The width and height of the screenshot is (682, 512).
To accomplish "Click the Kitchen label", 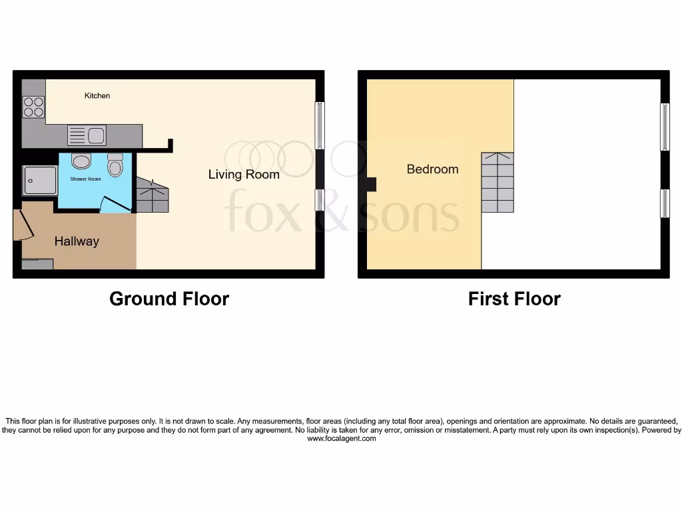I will pyautogui.click(x=97, y=96).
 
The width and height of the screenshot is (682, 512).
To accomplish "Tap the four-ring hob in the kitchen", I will pyautogui.click(x=33, y=107).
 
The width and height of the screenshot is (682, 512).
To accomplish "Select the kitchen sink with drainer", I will pyautogui.click(x=87, y=136).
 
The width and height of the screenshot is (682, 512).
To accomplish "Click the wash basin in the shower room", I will pyautogui.click(x=81, y=161).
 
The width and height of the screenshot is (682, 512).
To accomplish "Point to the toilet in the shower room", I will pyautogui.click(x=115, y=165).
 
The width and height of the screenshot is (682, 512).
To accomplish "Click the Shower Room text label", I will pyautogui.click(x=85, y=179).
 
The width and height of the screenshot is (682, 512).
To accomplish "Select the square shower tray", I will pyautogui.click(x=39, y=180).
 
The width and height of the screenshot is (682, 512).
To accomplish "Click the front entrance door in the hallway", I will pyautogui.click(x=23, y=225).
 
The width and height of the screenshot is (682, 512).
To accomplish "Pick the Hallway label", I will pyautogui.click(x=77, y=241).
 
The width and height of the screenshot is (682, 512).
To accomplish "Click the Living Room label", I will pyautogui.click(x=244, y=175).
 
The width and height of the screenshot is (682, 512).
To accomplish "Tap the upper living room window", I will pyautogui.click(x=320, y=125).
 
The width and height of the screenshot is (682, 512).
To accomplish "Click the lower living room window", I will pyautogui.click(x=320, y=200).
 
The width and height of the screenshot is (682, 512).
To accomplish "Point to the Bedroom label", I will pyautogui.click(x=432, y=169).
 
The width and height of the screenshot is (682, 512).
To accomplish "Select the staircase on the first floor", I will pyautogui.click(x=498, y=183).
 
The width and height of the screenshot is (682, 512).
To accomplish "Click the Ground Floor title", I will pyautogui.click(x=169, y=299).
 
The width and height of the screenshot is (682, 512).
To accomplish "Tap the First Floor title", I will pyautogui.click(x=514, y=299).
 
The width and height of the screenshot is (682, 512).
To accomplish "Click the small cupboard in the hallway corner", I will pyautogui.click(x=37, y=265).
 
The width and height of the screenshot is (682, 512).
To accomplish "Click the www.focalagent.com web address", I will pyautogui.click(x=341, y=439).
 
